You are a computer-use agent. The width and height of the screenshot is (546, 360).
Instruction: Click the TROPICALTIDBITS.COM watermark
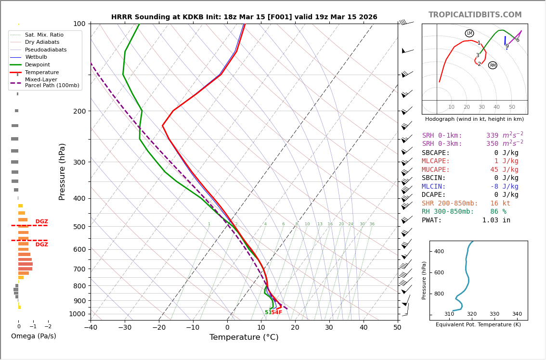(475, 15)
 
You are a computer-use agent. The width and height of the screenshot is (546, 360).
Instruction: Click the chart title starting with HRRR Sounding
(244, 17)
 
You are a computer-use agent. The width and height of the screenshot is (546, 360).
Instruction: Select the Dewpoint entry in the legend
(37, 64)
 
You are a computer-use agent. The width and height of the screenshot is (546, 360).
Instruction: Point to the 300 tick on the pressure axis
(78, 162)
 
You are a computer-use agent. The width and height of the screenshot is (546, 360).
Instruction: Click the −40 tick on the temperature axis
(91, 328)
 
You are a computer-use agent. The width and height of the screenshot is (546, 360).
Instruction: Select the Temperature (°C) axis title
(244, 337)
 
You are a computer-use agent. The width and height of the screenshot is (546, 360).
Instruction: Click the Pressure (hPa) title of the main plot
(62, 171)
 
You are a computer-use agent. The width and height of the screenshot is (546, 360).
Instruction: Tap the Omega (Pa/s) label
(34, 336)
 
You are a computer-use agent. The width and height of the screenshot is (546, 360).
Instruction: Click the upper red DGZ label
(42, 222)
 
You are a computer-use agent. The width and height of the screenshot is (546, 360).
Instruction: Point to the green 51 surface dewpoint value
(268, 312)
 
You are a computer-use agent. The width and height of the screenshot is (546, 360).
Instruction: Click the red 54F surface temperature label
(276, 312)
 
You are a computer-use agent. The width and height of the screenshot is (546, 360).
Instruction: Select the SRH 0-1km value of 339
(492, 136)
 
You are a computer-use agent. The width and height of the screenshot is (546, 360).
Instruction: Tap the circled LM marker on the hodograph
(469, 33)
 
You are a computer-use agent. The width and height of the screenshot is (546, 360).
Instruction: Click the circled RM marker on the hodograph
(493, 65)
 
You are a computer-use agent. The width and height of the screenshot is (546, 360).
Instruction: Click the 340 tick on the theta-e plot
(517, 314)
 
